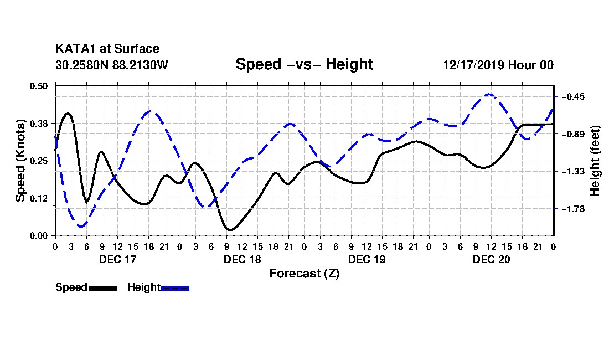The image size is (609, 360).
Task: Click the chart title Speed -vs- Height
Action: click(x=304, y=64)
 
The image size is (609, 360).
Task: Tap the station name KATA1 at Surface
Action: click(x=107, y=49)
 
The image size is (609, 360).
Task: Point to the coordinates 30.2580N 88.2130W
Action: click(x=112, y=65)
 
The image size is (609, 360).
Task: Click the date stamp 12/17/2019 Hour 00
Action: click(x=498, y=65)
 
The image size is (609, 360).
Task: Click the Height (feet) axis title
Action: click(x=595, y=161)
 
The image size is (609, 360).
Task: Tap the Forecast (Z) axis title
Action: click(x=304, y=274)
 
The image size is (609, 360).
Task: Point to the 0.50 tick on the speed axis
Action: click(x=39, y=86)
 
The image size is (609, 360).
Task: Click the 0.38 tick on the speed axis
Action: click(x=39, y=124)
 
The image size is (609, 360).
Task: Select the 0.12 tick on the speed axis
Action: click(x=39, y=198)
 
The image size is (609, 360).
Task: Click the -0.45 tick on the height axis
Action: click(x=572, y=97)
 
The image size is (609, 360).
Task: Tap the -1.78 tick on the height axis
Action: click(x=572, y=209)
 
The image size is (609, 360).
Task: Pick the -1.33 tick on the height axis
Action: click(x=572, y=172)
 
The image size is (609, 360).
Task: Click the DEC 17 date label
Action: click(x=118, y=259)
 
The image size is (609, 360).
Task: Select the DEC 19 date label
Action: click(x=367, y=259)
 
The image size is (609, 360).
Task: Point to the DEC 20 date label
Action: click(x=491, y=259)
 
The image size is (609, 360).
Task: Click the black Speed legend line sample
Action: click(x=103, y=289)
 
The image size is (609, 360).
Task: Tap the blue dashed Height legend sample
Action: click(x=175, y=289)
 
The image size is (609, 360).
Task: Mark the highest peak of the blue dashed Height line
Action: click(x=489, y=94)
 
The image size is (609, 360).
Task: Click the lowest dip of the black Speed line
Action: click(x=230, y=229)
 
